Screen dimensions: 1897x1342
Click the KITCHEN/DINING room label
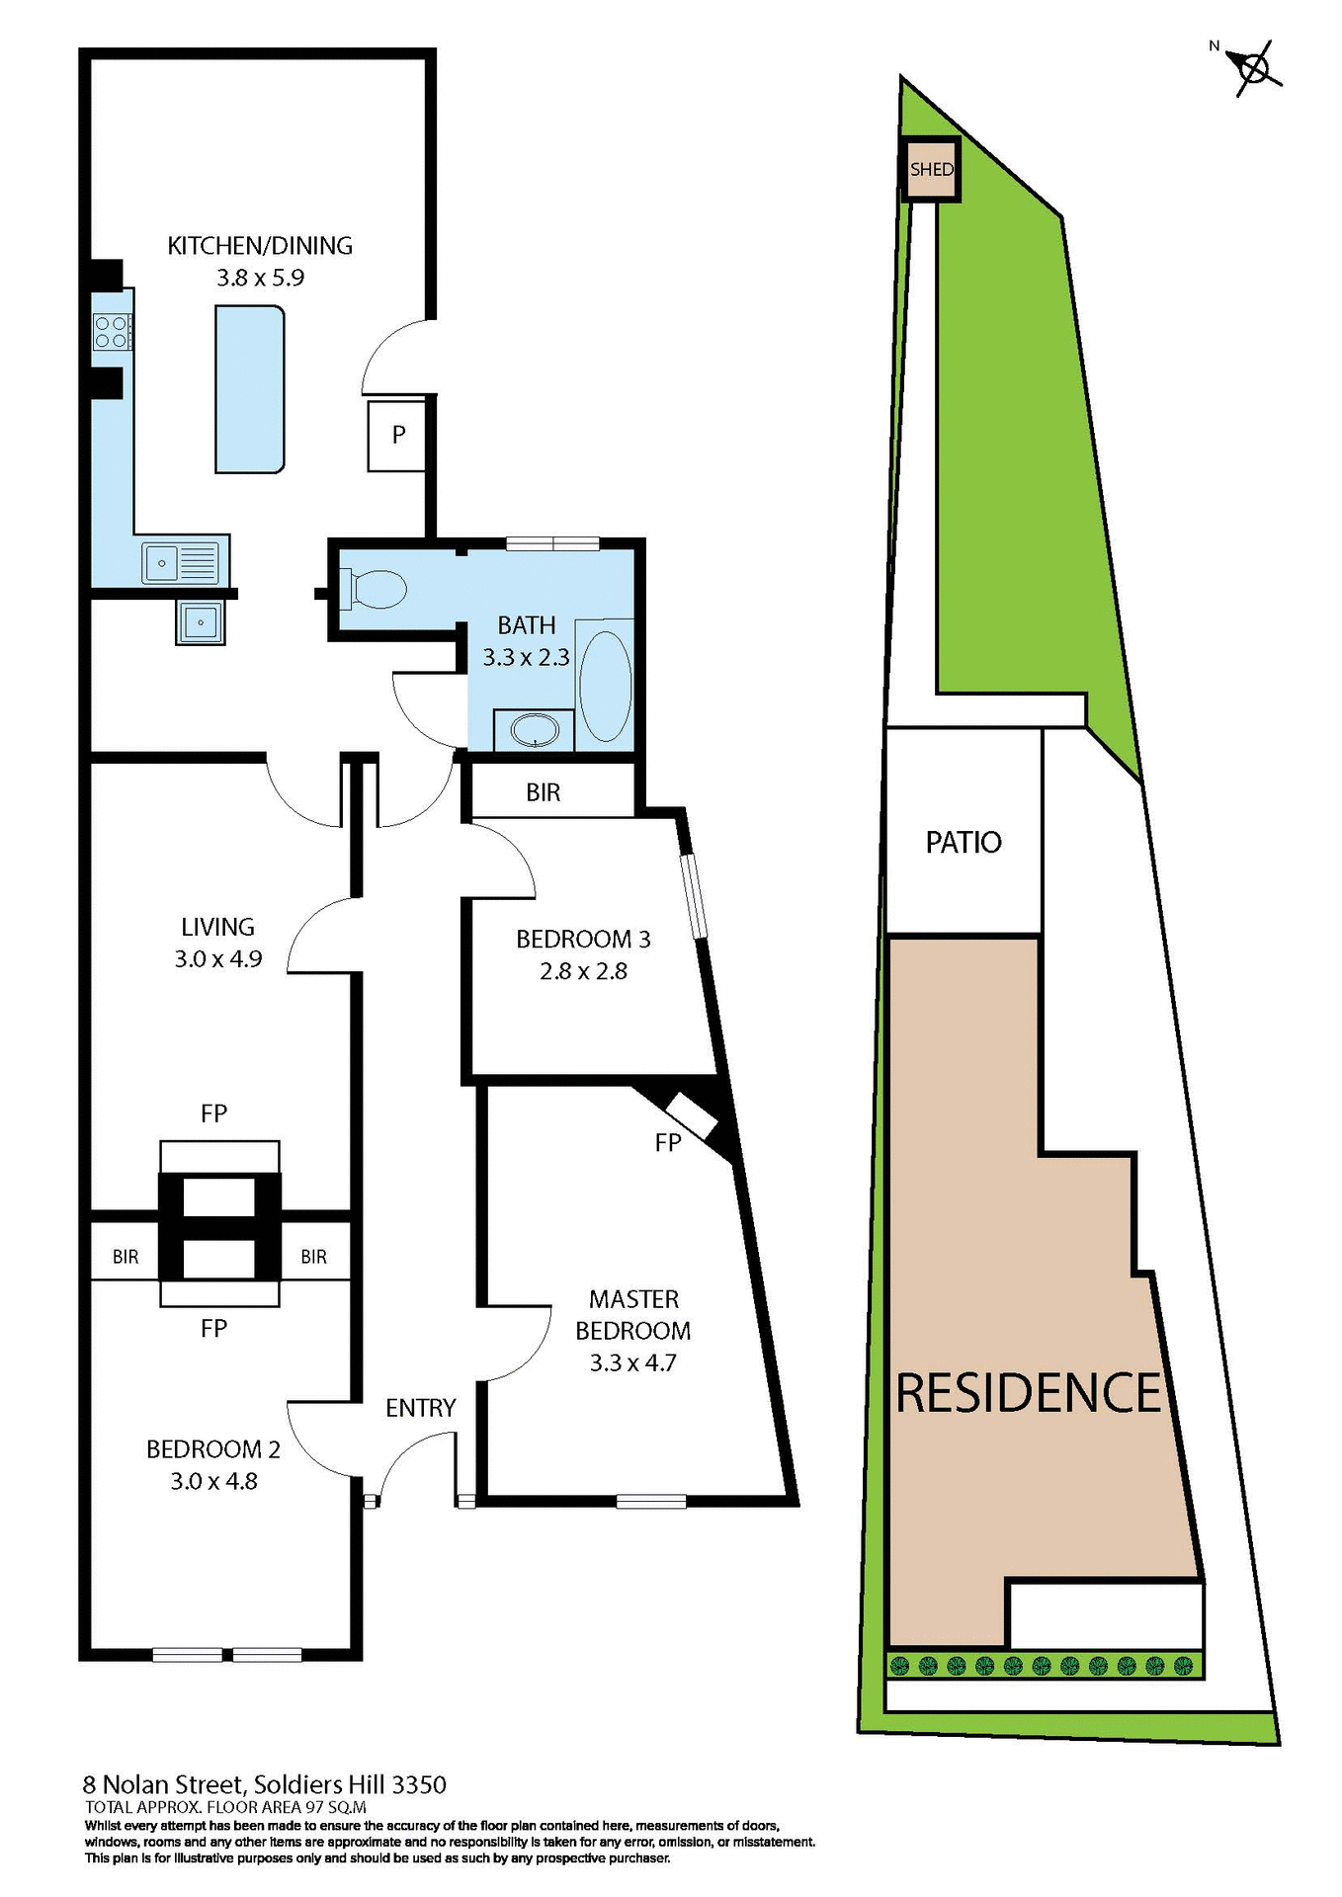click(x=260, y=246)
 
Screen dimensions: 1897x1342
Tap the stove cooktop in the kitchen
click(x=112, y=332)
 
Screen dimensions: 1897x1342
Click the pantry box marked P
click(x=397, y=435)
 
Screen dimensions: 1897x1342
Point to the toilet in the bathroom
click(x=374, y=590)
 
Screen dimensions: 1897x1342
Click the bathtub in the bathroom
click(x=605, y=685)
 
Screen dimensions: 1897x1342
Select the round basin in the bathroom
click(x=534, y=731)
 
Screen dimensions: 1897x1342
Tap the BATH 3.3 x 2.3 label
click(x=526, y=641)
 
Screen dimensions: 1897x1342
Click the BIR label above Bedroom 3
click(x=543, y=792)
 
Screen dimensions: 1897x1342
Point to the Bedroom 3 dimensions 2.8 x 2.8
click(x=583, y=971)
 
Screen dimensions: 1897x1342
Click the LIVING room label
click(x=217, y=928)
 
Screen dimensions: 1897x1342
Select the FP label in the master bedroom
click(x=668, y=1143)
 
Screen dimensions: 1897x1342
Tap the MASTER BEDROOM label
click(x=632, y=1315)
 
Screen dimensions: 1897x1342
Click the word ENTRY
click(x=420, y=1408)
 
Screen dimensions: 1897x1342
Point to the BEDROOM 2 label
click(x=213, y=1449)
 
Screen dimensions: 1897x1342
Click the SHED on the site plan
click(x=932, y=169)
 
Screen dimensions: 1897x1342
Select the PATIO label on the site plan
click(x=964, y=842)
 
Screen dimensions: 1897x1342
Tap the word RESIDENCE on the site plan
click(x=1028, y=1393)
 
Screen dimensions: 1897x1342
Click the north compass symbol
click(x=1253, y=68)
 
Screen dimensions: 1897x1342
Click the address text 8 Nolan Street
click(x=162, y=1784)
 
